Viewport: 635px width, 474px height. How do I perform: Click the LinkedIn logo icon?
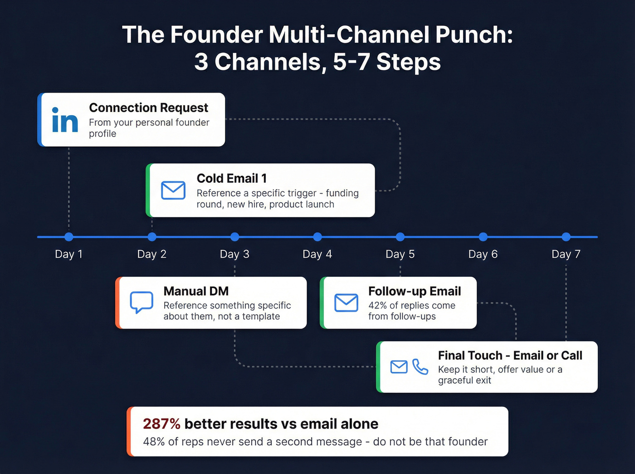(x=65, y=120)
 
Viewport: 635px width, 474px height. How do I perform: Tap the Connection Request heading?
(x=148, y=108)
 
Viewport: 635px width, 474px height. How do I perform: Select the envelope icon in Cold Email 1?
(x=173, y=191)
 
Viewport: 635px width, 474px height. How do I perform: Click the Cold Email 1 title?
(x=231, y=179)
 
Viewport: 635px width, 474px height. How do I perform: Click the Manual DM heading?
(x=196, y=291)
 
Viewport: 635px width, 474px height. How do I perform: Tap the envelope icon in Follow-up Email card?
(x=346, y=303)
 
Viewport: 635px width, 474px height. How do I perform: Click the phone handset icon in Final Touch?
(x=420, y=366)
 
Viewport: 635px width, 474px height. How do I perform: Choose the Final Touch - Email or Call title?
(x=510, y=356)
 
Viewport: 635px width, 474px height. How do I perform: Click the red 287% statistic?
(x=161, y=424)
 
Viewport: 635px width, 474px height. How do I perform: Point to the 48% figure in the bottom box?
(x=154, y=442)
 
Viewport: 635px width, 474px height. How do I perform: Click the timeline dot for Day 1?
(x=69, y=237)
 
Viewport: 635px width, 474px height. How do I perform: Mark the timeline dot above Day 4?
(x=317, y=237)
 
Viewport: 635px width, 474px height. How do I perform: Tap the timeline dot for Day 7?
(x=566, y=237)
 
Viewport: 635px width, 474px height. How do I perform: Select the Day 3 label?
(x=234, y=254)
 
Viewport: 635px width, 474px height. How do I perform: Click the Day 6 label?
(x=483, y=254)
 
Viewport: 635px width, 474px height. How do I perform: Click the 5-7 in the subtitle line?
(x=352, y=62)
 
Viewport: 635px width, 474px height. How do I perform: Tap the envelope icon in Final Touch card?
(x=399, y=366)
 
